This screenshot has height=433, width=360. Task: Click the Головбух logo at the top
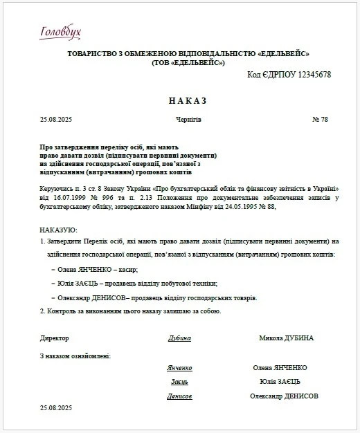[x=61, y=31]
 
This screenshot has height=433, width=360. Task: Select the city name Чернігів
[x=188, y=120]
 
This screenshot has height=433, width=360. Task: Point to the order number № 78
[x=320, y=120]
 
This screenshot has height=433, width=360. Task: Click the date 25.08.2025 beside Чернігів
[x=56, y=120]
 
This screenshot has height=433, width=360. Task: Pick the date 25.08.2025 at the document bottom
[x=56, y=409]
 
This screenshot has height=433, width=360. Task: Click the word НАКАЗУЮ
[x=59, y=229]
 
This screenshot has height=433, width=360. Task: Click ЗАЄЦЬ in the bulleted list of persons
[x=89, y=284]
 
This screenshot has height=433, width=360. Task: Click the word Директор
[x=55, y=338]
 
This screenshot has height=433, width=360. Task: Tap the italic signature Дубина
[x=179, y=339]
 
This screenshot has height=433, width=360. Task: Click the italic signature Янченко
[x=179, y=368]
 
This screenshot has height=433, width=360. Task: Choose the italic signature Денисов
[x=179, y=396]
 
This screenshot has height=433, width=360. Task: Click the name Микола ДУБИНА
[x=286, y=338]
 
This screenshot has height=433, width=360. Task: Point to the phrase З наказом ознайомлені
[x=75, y=356]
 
